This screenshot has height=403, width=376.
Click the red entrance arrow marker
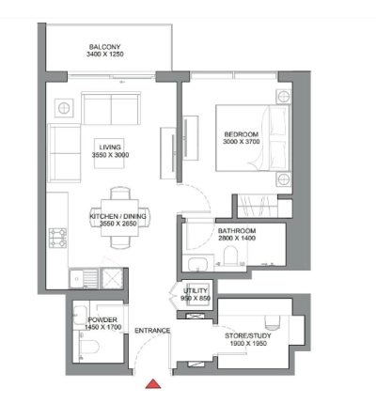(151, 383)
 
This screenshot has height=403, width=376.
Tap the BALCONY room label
(103, 46)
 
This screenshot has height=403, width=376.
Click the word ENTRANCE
(151, 331)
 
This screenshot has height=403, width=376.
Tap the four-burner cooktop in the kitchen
(55, 235)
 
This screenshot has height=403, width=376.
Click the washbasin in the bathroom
(197, 263)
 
